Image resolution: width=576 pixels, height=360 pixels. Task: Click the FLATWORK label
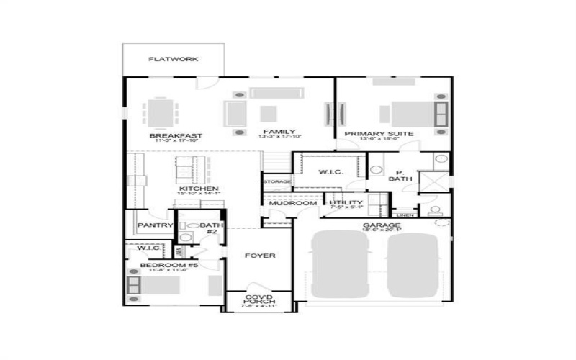click(173, 59)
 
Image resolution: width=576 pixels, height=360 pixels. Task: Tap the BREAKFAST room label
click(175, 135)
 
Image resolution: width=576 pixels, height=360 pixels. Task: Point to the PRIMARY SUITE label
click(378, 134)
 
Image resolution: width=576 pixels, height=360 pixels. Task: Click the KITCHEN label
click(199, 189)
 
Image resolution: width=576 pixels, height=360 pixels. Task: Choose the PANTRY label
click(156, 225)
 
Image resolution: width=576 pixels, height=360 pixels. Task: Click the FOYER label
click(260, 256)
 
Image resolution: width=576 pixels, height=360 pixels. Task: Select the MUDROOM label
click(293, 204)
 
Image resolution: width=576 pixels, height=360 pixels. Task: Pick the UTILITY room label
click(341, 203)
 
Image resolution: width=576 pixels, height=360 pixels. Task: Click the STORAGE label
click(277, 182)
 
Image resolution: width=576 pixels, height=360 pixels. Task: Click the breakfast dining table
click(161, 112)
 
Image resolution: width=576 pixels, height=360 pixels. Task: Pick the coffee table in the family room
click(268, 113)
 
